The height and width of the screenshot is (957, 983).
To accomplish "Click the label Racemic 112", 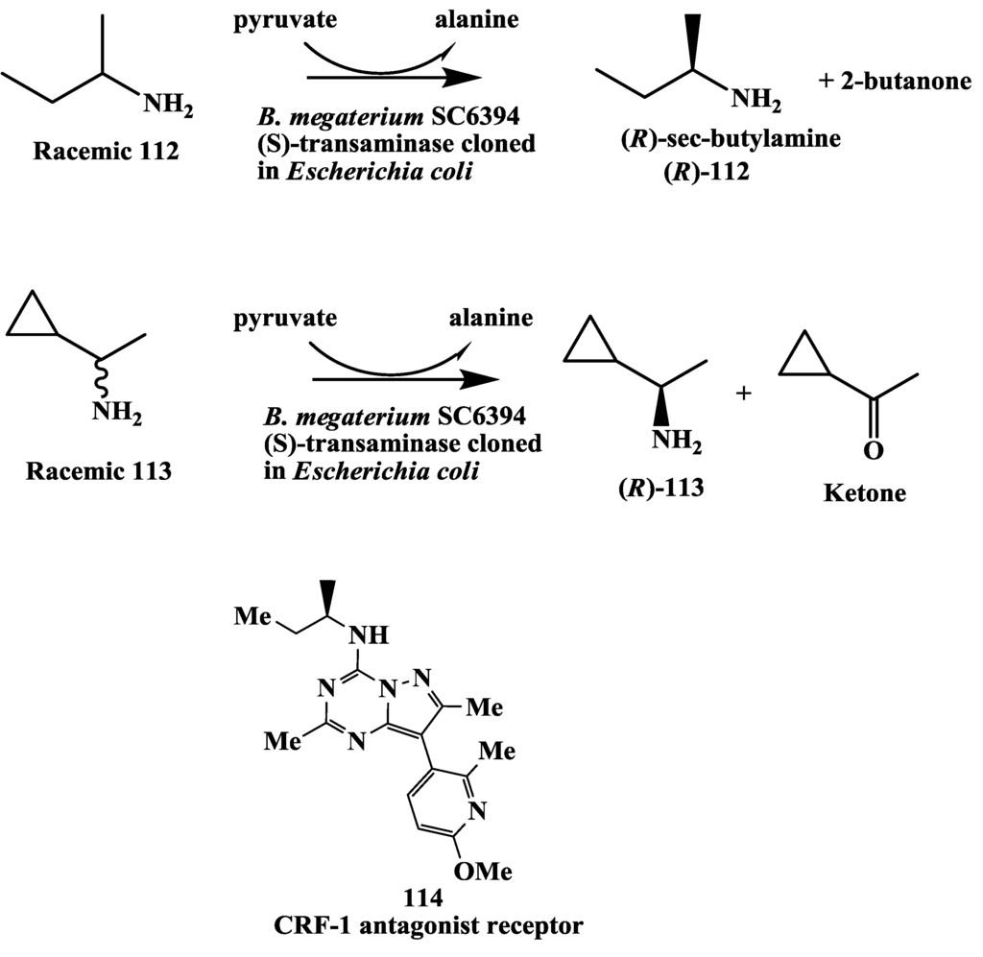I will coord(106,152).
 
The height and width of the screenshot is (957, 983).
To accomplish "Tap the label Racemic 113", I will coord(99,471).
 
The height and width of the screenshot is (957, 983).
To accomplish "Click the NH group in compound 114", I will coord(370,634).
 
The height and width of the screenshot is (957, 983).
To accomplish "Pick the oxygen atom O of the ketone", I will coord(873,449).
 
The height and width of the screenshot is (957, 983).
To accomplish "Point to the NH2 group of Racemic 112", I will coord(168,105).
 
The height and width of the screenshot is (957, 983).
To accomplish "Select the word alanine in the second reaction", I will coord(491,317).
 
